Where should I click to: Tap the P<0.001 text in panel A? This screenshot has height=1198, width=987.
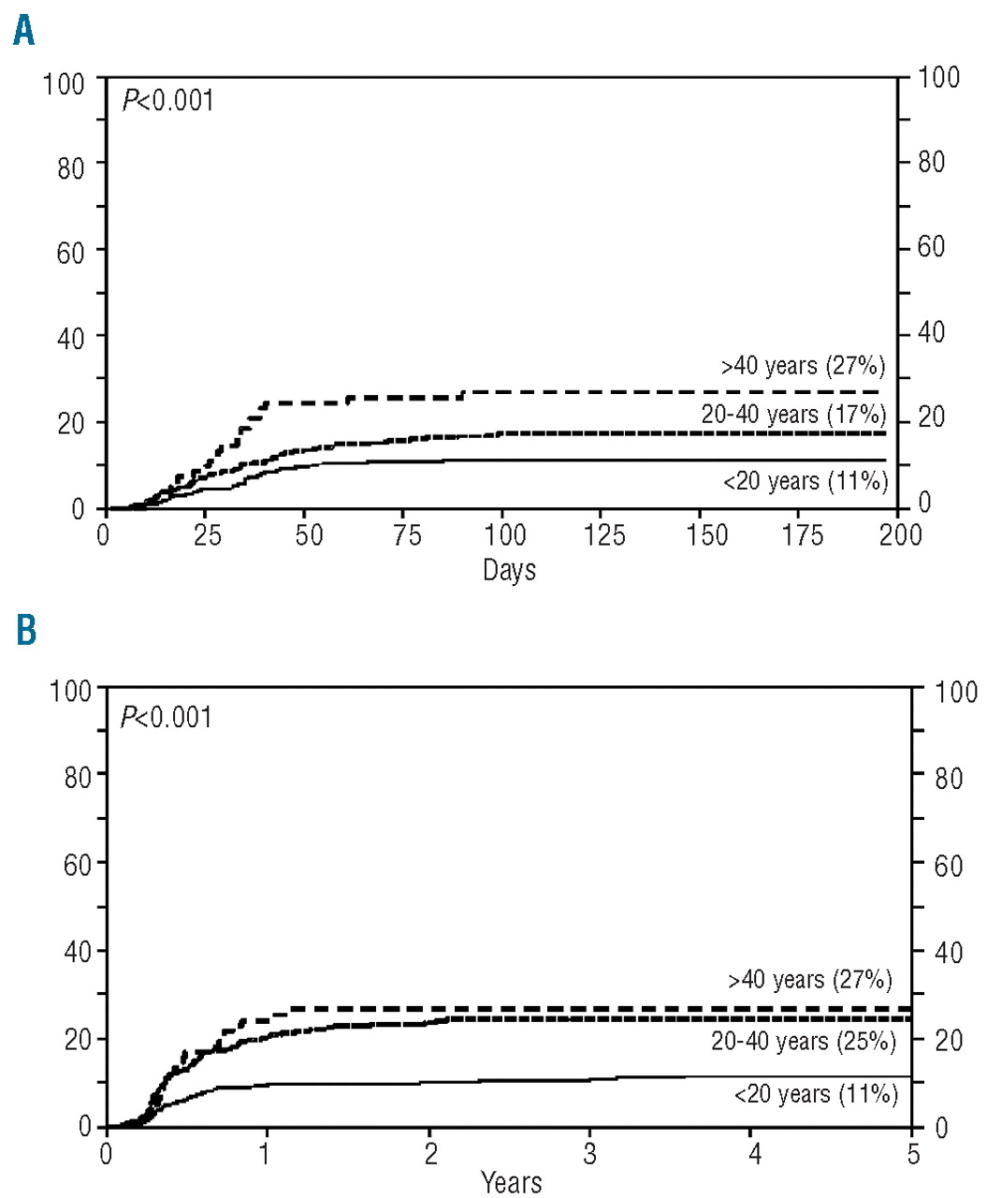tap(168, 99)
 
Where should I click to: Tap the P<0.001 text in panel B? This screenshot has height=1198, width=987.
tap(167, 717)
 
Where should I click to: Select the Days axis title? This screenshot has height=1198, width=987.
tap(509, 569)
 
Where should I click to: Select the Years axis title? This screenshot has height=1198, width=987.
tap(511, 1181)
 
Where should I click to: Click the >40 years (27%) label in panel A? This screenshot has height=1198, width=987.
tap(803, 366)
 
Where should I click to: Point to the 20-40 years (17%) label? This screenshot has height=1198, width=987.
tap(793, 414)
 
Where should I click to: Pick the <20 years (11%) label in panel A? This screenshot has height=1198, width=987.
tap(805, 481)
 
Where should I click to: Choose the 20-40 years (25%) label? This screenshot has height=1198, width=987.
tap(803, 1040)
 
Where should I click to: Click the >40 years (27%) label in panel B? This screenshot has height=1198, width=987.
tap(810, 980)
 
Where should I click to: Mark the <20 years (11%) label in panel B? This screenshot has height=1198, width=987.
tap(815, 1093)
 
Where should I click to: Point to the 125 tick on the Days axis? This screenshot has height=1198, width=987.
tap(604, 535)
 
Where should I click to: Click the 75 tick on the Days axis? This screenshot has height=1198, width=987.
tap(408, 535)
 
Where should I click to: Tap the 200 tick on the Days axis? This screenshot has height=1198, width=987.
tap(901, 535)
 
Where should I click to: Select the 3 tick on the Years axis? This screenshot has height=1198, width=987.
tap(589, 1153)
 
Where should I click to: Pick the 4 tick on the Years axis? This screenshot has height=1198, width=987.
tap(754, 1153)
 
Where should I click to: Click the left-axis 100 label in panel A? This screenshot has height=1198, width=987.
tap(63, 83)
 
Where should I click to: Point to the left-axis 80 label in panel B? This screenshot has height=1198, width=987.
tap(78, 777)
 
